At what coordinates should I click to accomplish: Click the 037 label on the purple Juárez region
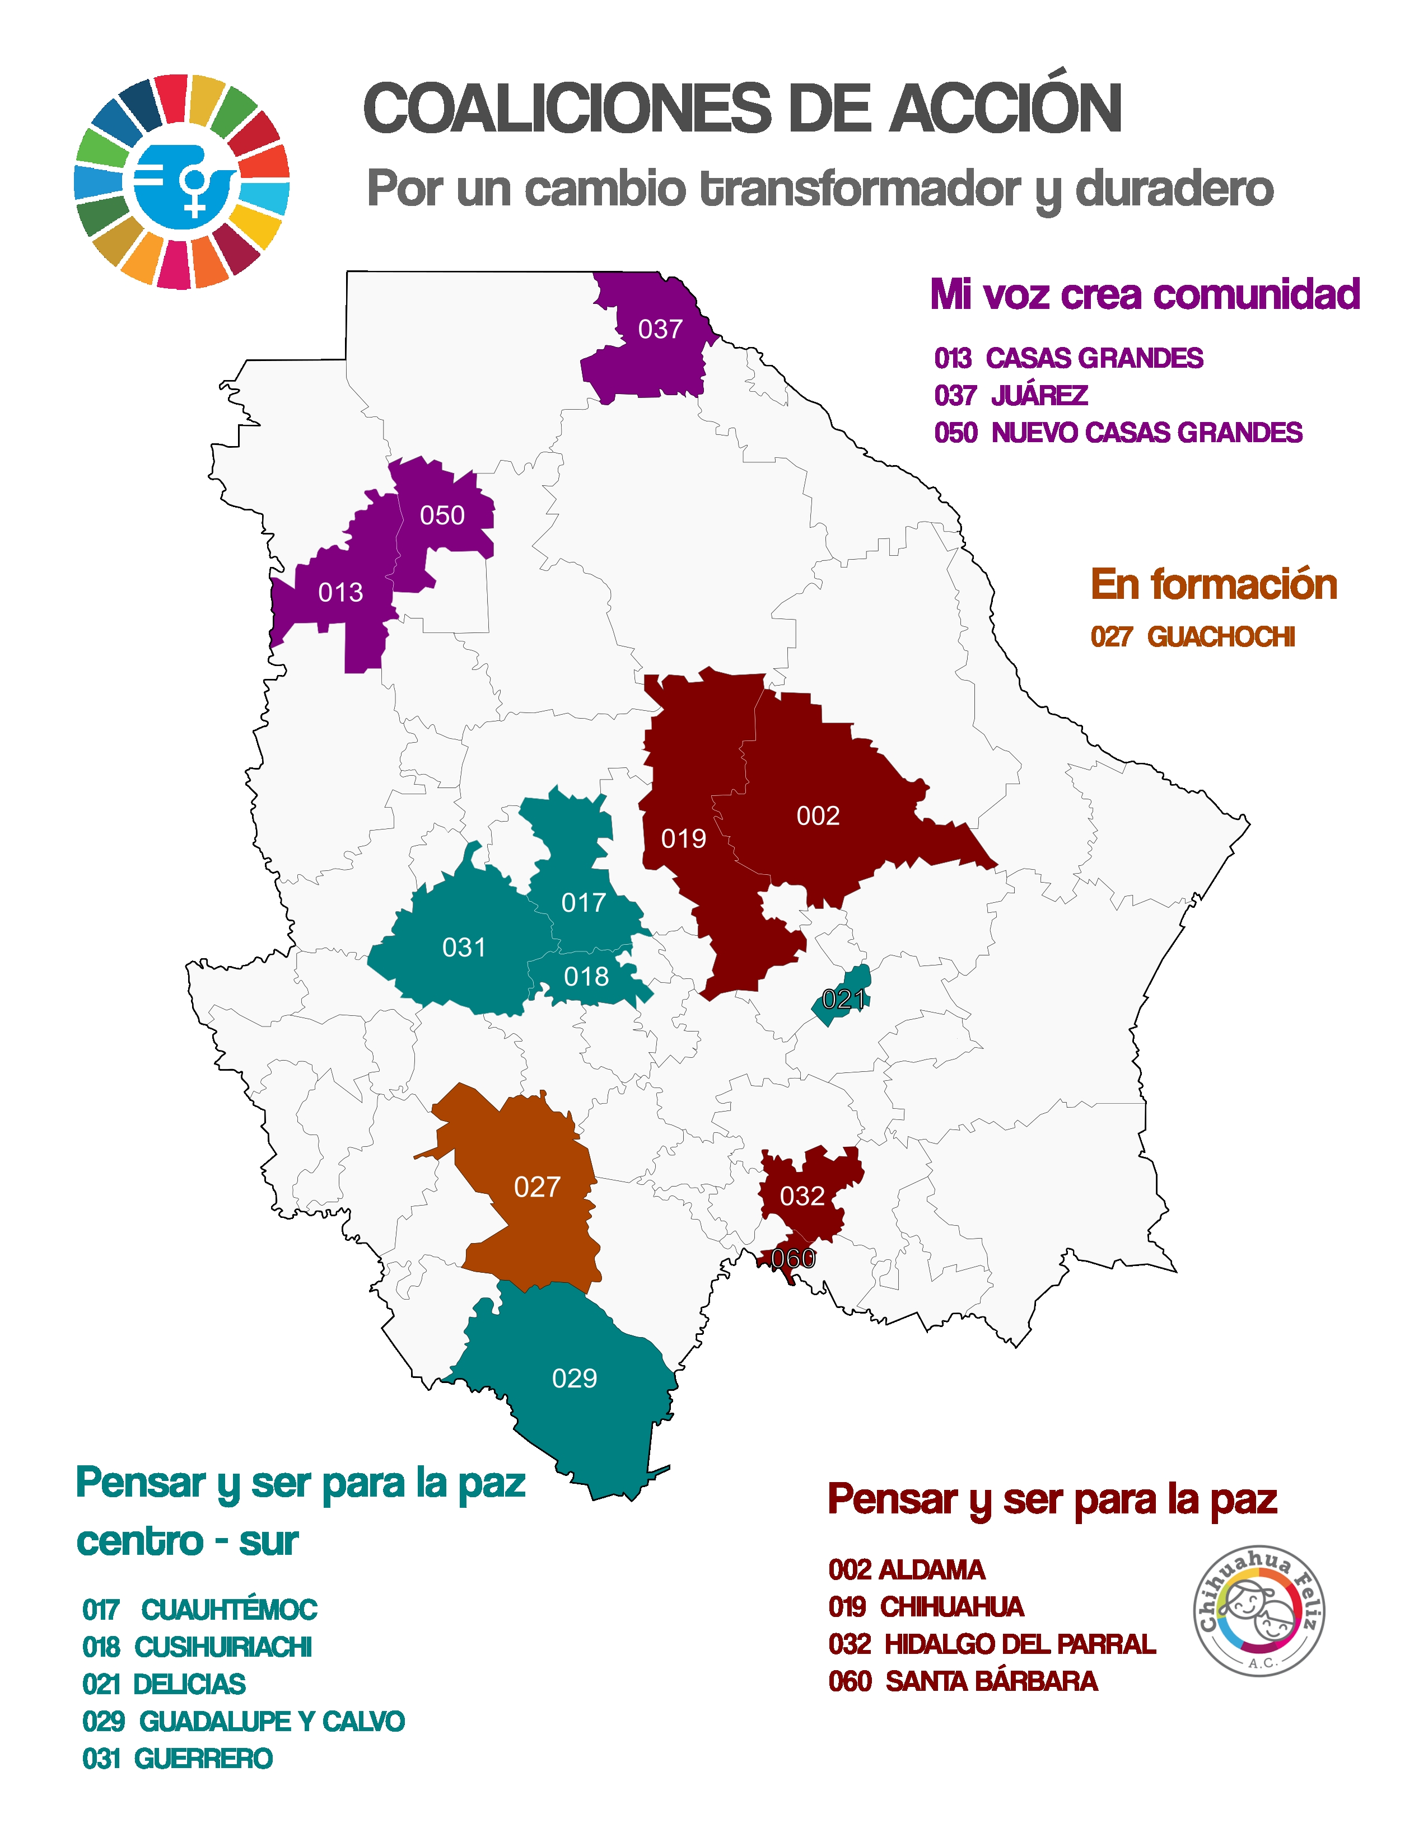660,329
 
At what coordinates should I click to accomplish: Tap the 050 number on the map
442,515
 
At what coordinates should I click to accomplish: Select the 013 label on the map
340,592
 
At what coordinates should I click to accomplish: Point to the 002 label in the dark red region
817,815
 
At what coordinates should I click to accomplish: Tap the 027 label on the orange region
536,1187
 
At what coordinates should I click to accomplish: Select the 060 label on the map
792,1258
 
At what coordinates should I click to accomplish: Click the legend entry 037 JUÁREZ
1010,395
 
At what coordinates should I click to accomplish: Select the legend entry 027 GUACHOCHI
1192,637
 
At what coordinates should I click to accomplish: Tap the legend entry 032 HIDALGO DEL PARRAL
991,1644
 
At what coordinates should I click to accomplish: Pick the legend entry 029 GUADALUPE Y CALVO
244,1721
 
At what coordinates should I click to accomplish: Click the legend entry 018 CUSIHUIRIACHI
197,1647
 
